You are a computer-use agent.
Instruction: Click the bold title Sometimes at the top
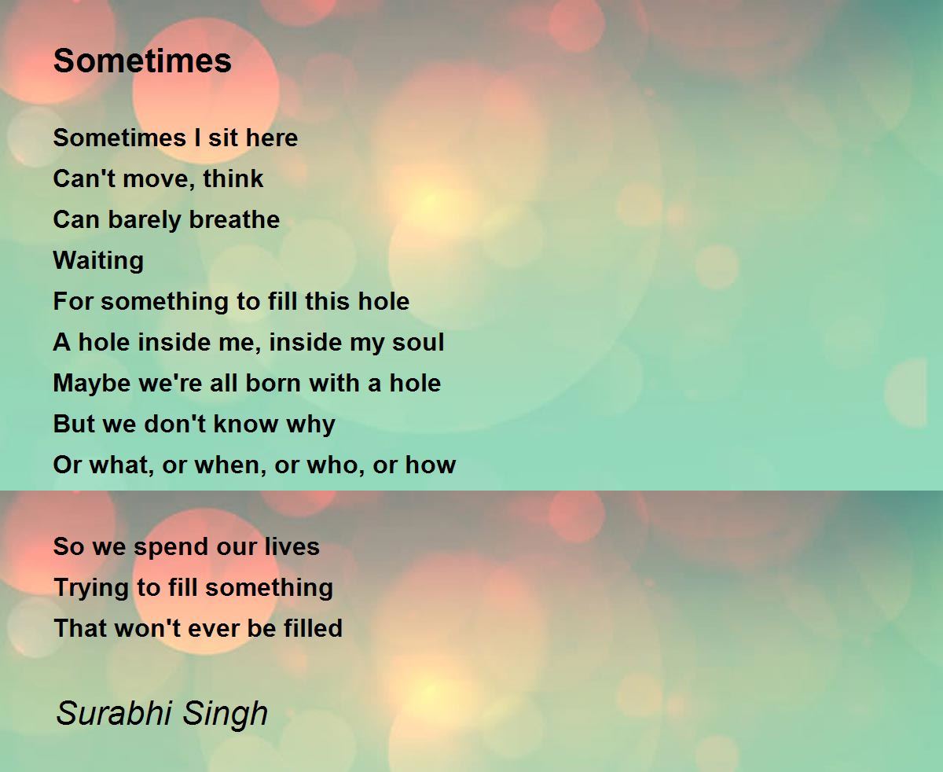coord(142,61)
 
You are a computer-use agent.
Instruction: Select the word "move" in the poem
coord(159,179)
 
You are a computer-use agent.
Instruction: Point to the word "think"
coord(233,178)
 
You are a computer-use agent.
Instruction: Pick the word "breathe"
coord(234,219)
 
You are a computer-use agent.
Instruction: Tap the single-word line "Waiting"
coord(98,261)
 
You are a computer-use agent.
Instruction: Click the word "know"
coord(245,424)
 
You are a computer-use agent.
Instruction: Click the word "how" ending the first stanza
coord(430,465)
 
